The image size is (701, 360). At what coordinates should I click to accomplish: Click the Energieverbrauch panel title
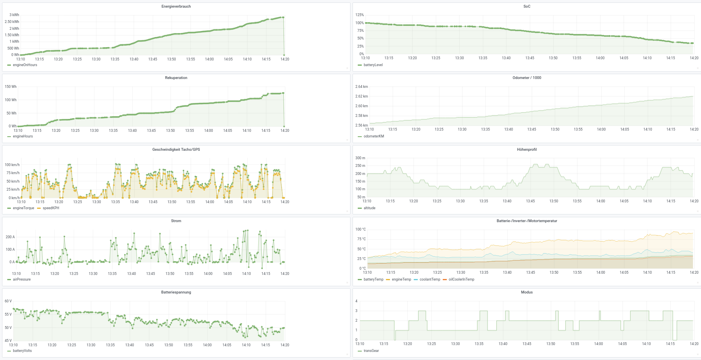176,6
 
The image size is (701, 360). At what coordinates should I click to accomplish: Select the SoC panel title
527,6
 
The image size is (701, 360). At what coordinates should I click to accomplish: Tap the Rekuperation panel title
176,78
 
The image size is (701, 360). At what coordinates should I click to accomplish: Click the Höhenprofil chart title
527,150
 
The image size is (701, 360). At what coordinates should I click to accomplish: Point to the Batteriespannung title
176,292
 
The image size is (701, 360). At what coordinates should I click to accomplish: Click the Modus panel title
527,292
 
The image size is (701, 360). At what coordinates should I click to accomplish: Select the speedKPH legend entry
51,208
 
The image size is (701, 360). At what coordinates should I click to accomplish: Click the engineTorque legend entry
23,208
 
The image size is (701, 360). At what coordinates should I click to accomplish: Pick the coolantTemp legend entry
429,279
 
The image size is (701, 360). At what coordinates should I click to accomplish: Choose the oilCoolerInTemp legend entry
461,279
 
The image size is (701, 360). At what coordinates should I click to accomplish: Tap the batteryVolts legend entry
22,351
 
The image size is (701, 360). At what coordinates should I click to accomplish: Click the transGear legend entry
371,351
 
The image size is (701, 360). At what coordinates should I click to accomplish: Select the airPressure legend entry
22,279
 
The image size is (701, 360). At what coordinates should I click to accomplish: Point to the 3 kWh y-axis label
14,15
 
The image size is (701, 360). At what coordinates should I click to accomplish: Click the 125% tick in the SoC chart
359,15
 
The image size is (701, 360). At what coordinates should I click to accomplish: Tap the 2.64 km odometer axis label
361,87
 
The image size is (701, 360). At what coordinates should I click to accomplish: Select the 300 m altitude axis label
360,158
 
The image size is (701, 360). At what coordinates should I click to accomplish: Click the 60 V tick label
8,301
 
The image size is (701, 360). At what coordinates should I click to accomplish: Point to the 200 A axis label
10,237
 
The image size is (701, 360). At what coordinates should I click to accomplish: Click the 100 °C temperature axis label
361,229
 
